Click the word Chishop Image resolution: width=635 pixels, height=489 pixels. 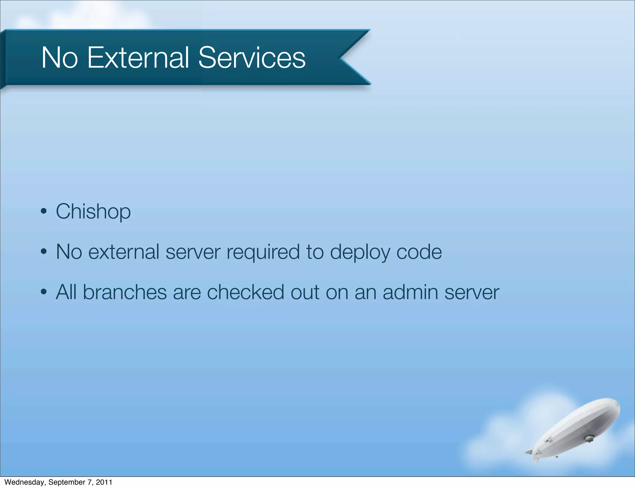(93, 212)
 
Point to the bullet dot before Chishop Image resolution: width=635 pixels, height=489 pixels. (44, 212)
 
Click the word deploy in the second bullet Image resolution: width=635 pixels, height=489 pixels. (360, 252)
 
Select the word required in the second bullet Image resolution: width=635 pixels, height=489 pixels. (263, 252)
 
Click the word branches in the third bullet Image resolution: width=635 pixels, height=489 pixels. (125, 292)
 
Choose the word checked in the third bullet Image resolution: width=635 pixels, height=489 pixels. (245, 292)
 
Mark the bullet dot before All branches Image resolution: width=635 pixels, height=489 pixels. (44, 292)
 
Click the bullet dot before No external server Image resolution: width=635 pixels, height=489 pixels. (44, 252)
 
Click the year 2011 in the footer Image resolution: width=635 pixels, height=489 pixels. (104, 482)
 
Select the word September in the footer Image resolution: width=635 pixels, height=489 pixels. (67, 482)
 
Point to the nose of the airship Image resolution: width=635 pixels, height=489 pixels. (617, 405)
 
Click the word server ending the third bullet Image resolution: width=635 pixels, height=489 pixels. (472, 292)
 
